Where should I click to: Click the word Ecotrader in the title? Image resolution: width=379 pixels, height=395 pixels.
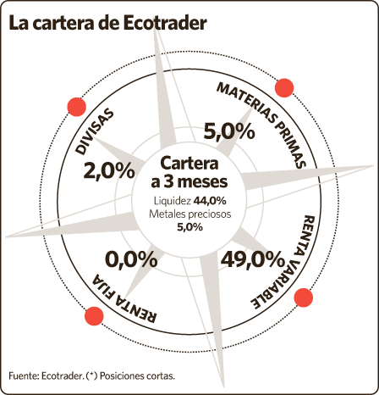coord(165,23)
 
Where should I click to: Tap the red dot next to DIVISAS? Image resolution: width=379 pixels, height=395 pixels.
coord(76,107)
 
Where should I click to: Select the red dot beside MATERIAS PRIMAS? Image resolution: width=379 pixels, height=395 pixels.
coord(284,88)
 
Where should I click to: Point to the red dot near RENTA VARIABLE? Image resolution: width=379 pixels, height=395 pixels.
coord(304,298)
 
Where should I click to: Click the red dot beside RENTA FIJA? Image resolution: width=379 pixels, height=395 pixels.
coord(94,316)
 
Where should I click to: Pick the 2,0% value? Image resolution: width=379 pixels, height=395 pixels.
coord(109,171)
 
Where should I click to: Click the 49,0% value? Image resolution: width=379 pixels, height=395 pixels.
coord(252,260)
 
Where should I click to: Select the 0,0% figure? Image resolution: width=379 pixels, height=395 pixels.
coord(131,260)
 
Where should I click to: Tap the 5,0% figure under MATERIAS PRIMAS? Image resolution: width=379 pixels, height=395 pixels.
coord(229,131)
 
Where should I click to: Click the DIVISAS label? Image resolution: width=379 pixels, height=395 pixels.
coord(95,131)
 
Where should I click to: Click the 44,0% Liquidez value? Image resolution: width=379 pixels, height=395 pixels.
coord(210,201)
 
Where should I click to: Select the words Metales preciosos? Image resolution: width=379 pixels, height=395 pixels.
coord(189,214)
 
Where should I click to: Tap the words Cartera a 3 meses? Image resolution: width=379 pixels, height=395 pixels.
coord(189,172)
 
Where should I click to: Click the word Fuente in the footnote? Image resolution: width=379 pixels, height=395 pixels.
coord(24,376)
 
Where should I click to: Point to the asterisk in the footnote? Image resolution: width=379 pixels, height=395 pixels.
coord(91,375)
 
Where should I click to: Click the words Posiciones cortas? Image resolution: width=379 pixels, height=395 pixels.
coord(137,376)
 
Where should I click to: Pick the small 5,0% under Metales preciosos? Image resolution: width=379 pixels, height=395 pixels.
coord(189,227)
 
